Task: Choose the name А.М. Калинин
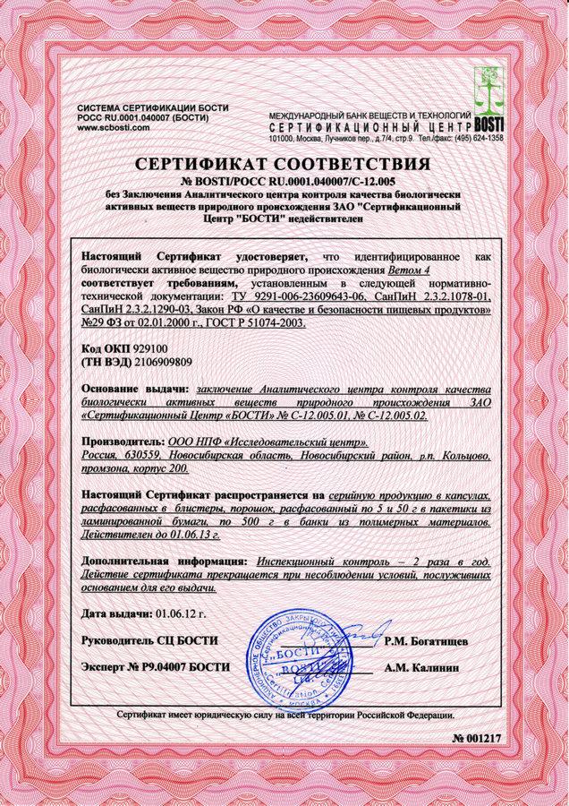pyautogui.click(x=422, y=667)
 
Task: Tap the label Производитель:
pyautogui.click(x=123, y=443)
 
